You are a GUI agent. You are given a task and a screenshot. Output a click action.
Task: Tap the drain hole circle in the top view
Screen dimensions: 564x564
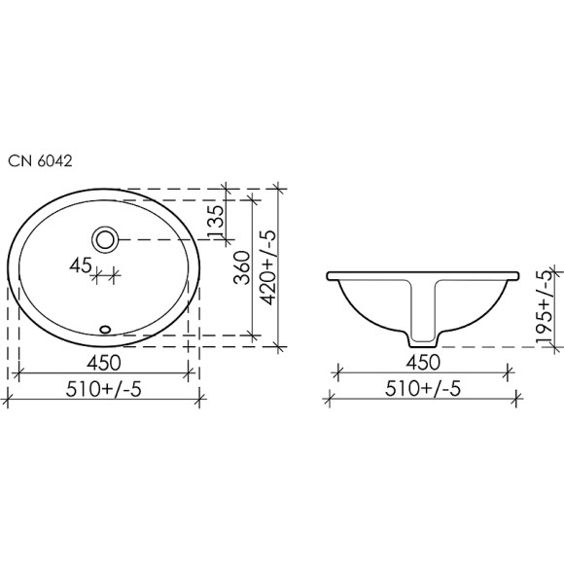point(104,238)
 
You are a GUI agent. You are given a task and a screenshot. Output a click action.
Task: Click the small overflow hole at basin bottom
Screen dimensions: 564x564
point(105,329)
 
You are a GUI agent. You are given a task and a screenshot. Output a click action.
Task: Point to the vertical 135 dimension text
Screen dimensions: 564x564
point(216,221)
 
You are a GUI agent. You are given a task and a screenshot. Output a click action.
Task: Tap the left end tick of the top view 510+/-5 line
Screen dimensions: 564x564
point(8,397)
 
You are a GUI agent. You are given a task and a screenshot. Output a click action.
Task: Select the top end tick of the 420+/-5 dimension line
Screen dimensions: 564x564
point(278,189)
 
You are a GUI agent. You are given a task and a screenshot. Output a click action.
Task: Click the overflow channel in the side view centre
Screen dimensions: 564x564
point(423,306)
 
